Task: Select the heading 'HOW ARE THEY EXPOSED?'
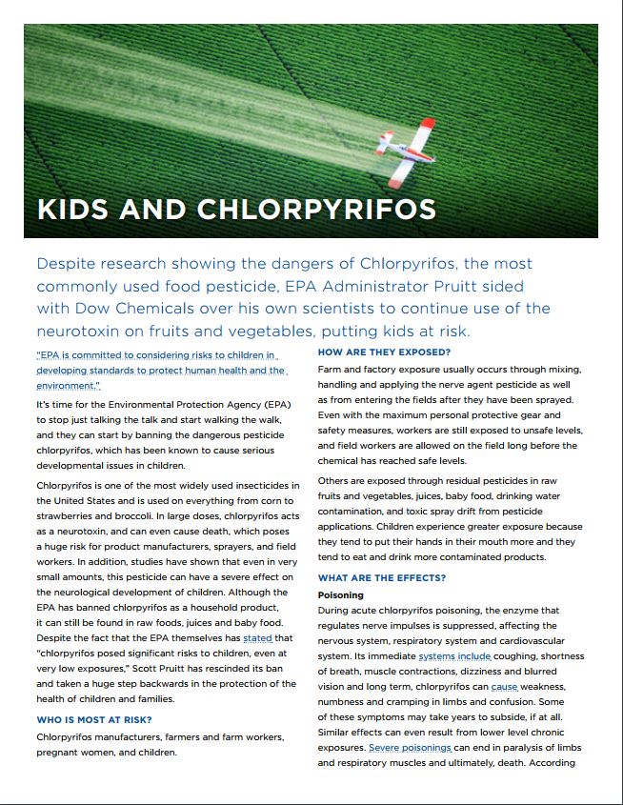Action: tap(384, 352)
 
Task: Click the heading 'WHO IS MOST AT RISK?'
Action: tap(94, 719)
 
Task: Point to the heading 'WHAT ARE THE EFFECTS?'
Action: tap(381, 578)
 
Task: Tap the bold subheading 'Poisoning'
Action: tap(340, 594)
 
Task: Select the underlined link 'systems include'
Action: tap(454, 656)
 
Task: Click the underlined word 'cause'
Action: tap(504, 687)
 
